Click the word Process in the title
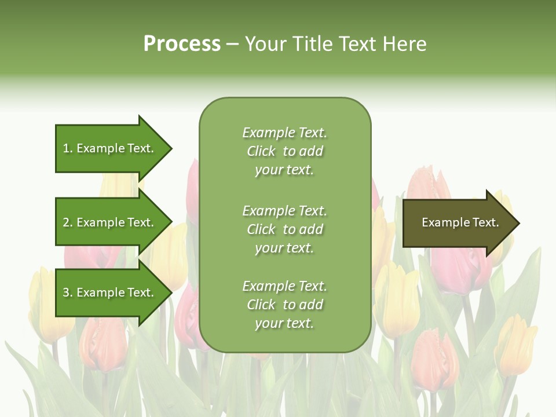(182, 44)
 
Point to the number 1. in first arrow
(68, 148)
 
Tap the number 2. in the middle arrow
(68, 222)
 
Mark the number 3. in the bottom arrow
(68, 292)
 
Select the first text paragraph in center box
(284, 151)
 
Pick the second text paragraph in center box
(284, 229)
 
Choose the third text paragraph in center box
(284, 305)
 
